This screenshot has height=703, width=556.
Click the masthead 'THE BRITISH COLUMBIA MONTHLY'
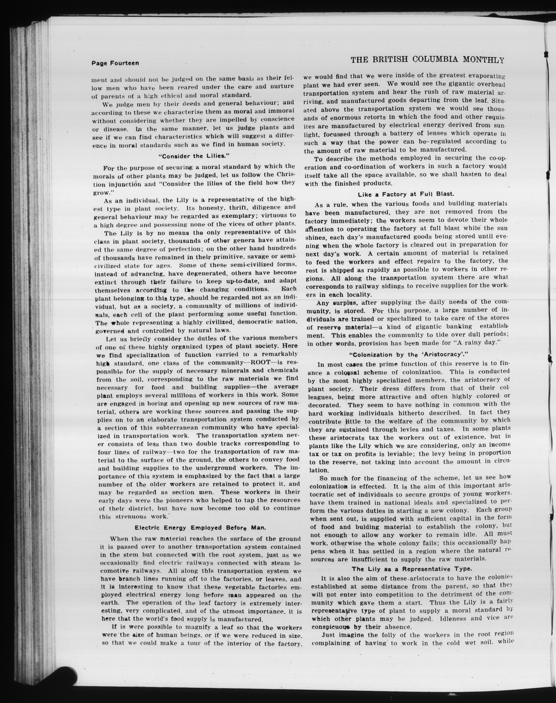click(x=427, y=60)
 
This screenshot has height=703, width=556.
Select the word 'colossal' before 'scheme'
click(x=343, y=372)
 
